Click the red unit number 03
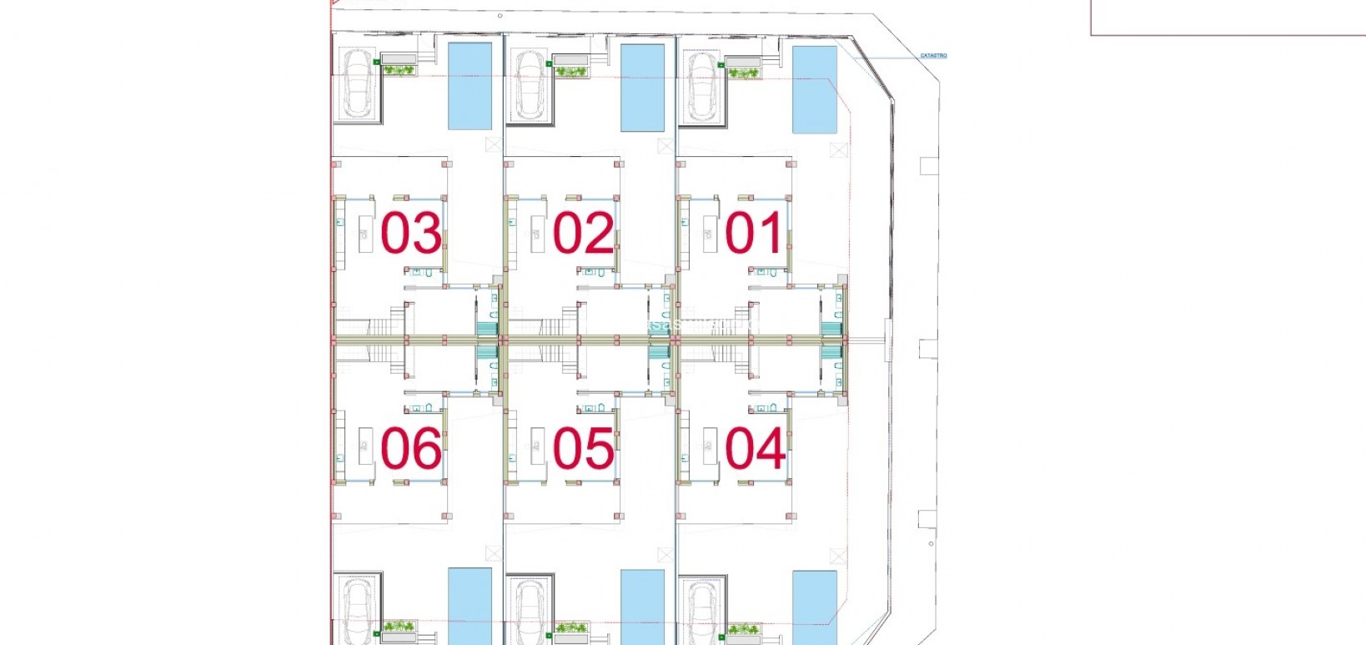click(411, 233)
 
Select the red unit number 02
click(584, 233)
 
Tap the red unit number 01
click(755, 233)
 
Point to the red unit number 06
click(411, 448)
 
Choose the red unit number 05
click(584, 448)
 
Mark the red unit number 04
click(755, 448)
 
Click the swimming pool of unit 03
click(470, 87)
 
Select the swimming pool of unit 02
click(642, 88)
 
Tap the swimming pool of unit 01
click(815, 89)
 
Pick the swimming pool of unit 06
click(470, 605)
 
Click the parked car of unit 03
click(359, 83)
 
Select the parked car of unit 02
click(530, 85)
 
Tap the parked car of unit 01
click(702, 85)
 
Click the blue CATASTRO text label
click(933, 56)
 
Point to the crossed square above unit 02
click(665, 146)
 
